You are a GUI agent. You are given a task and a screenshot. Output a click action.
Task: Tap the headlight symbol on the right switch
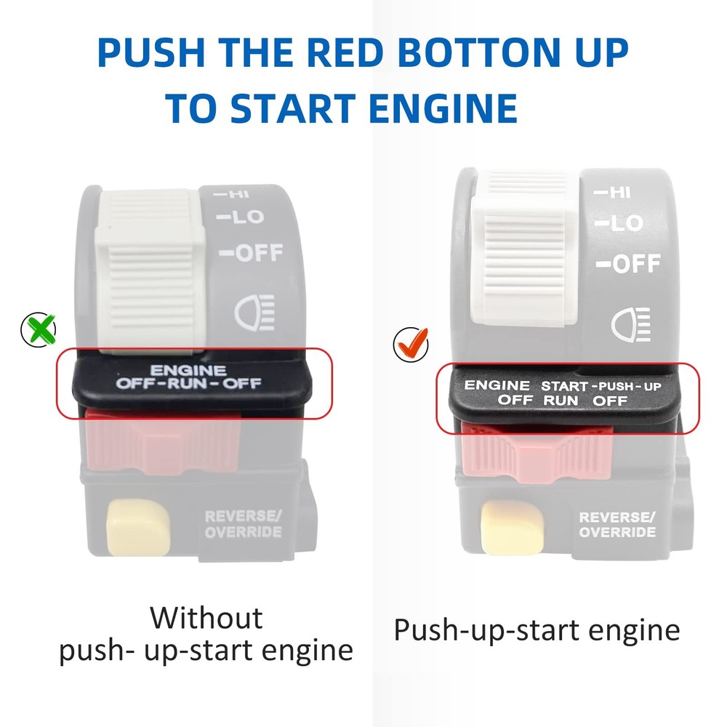pyautogui.click(x=630, y=324)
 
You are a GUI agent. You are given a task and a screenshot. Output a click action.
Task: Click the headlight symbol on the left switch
pyautogui.click(x=254, y=313)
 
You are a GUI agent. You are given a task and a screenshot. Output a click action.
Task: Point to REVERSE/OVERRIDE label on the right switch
pyautogui.click(x=616, y=525)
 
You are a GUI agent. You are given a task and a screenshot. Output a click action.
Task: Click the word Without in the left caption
pyautogui.click(x=206, y=619)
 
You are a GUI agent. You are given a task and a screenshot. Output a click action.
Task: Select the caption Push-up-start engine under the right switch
pyautogui.click(x=537, y=630)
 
